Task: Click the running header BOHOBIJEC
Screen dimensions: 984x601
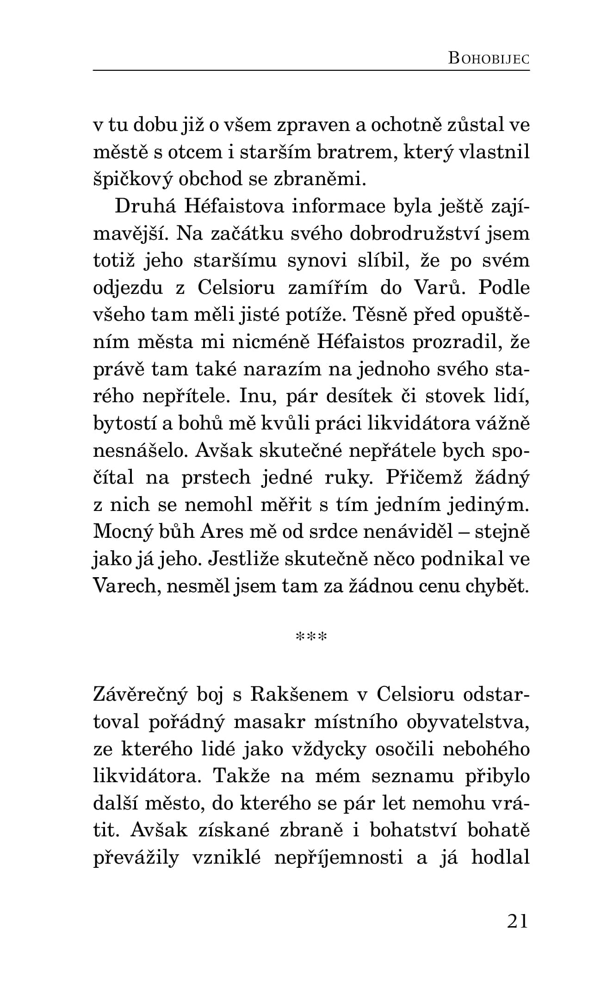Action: [x=489, y=59]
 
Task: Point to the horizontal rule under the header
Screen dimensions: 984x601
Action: [x=311, y=71]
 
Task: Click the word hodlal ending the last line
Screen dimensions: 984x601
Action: [x=501, y=858]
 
